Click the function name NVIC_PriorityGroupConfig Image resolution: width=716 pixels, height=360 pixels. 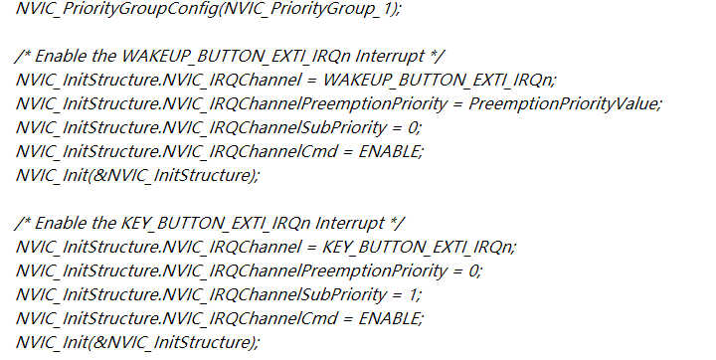pyautogui.click(x=117, y=9)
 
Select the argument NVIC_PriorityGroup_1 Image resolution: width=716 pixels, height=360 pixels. pyautogui.click(x=308, y=9)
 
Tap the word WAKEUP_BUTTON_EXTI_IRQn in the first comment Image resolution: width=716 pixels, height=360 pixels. pyautogui.click(x=236, y=57)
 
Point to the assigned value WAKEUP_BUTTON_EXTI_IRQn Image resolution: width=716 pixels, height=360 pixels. pyautogui.click(x=439, y=80)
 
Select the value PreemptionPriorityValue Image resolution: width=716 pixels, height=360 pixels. pyautogui.click(x=564, y=103)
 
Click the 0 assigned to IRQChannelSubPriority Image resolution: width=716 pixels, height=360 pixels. pyautogui.click(x=413, y=127)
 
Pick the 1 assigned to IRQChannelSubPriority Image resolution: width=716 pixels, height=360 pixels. pyautogui.click(x=413, y=294)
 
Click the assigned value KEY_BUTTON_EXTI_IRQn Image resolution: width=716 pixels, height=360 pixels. pyautogui.click(x=419, y=248)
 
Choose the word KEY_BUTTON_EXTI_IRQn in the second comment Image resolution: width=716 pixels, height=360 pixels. pyautogui.click(x=216, y=224)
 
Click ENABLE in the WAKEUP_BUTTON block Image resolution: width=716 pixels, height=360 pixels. pyautogui.click(x=390, y=151)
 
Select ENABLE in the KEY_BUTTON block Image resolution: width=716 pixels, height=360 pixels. pyautogui.click(x=390, y=318)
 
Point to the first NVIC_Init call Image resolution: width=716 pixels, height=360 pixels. pyautogui.click(x=137, y=175)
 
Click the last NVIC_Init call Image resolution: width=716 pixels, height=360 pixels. pyautogui.click(x=137, y=343)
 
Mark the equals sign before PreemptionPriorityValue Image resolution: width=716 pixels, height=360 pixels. pyautogui.click(x=457, y=104)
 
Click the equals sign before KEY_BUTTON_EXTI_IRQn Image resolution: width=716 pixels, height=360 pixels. pyautogui.click(x=312, y=248)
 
